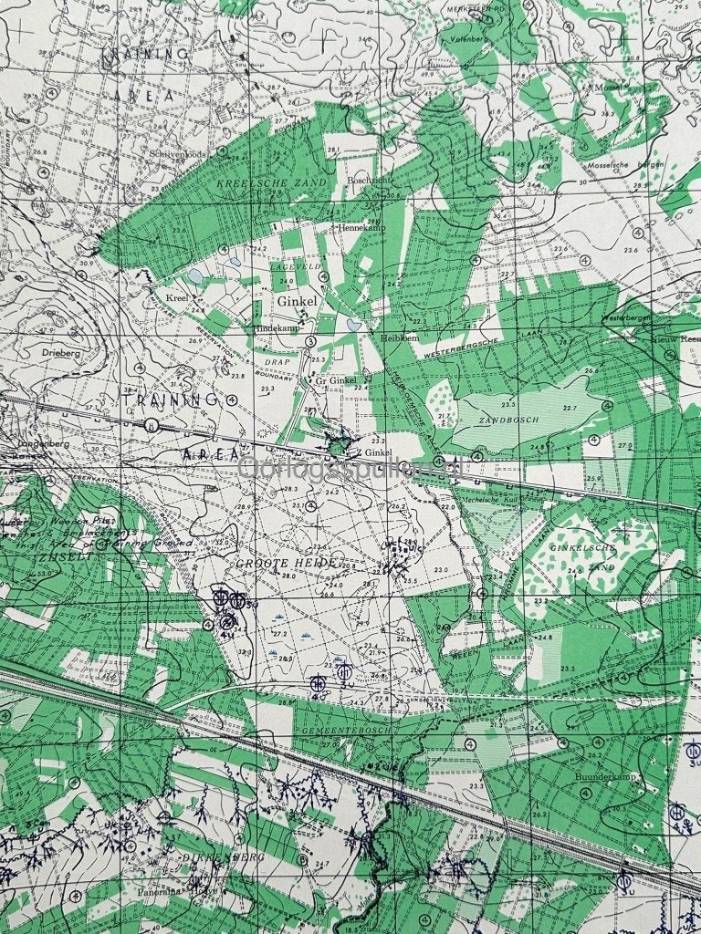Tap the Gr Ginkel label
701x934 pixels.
tap(336, 380)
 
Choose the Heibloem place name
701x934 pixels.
tap(399, 337)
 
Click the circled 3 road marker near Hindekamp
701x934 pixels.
tap(311, 341)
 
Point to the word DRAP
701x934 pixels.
tap(277, 361)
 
